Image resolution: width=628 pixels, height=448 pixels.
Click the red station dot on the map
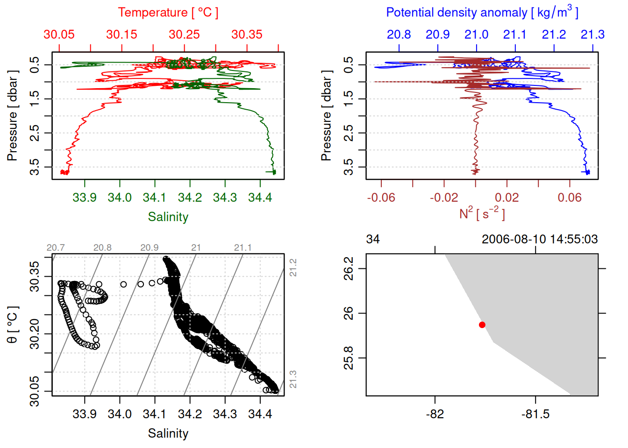pyautogui.click(x=482, y=325)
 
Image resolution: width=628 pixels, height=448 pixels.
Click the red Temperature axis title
pyautogui.click(x=168, y=13)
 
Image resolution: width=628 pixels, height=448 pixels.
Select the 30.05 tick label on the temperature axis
pyautogui.click(x=59, y=35)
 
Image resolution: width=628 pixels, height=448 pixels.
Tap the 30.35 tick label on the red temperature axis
pyautogui.click(x=247, y=35)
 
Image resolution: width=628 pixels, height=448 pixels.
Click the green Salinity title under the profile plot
pyautogui.click(x=168, y=217)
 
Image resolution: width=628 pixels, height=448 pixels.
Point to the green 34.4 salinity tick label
pyautogui.click(x=260, y=197)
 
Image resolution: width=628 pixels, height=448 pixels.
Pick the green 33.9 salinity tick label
pyautogui.click(x=85, y=197)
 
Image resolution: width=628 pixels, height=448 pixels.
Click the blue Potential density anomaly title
pyautogui.click(x=482, y=13)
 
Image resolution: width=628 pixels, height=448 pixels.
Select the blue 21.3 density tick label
pyautogui.click(x=592, y=35)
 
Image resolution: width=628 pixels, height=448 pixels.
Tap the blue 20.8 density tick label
pyautogui.click(x=399, y=35)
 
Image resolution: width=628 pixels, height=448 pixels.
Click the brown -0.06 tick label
pyautogui.click(x=381, y=197)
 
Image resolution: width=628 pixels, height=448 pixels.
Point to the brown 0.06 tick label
pyautogui.click(x=570, y=197)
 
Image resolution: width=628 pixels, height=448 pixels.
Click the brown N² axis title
pyautogui.click(x=482, y=214)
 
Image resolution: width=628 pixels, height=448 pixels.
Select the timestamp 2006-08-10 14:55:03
pyautogui.click(x=540, y=239)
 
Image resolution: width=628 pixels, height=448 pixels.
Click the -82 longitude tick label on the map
pyautogui.click(x=435, y=414)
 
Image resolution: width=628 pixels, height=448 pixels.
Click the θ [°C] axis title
pyautogui.click(x=13, y=325)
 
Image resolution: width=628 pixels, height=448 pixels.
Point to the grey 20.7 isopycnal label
pyautogui.click(x=56, y=248)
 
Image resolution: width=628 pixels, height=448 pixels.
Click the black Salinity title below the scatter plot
pyautogui.click(x=168, y=434)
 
